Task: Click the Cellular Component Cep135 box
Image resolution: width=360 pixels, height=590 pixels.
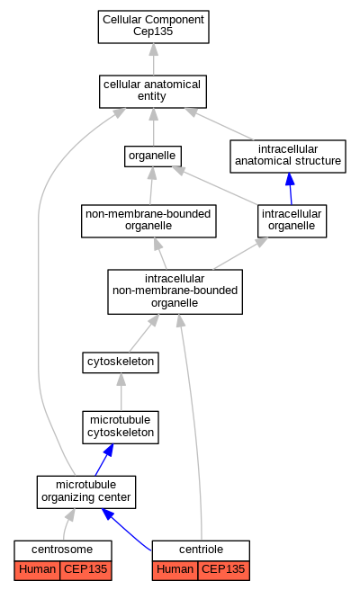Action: (x=153, y=27)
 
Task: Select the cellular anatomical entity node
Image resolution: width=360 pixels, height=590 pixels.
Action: (x=153, y=92)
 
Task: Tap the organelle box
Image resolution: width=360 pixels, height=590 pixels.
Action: (x=153, y=156)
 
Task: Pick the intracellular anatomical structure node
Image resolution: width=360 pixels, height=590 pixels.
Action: (x=288, y=156)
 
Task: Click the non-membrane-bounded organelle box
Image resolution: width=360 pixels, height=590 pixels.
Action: (x=148, y=221)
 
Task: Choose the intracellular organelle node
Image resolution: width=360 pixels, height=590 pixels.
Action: (x=292, y=221)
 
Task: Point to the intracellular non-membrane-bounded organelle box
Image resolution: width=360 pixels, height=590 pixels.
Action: (x=175, y=291)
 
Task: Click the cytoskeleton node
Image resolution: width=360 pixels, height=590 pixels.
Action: (x=121, y=362)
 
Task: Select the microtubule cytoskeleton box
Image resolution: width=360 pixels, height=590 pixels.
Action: (x=121, y=427)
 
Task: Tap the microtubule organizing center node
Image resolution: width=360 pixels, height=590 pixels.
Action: (x=86, y=492)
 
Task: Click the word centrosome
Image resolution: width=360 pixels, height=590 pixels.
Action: (x=62, y=550)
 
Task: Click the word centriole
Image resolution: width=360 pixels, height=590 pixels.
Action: (x=201, y=550)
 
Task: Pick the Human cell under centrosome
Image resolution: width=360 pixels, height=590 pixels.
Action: (x=37, y=569)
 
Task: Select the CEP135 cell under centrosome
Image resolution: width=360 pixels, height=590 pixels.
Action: (x=85, y=569)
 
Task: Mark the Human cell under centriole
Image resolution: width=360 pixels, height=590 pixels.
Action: (x=175, y=569)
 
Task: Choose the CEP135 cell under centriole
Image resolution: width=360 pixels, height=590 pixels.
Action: (x=223, y=569)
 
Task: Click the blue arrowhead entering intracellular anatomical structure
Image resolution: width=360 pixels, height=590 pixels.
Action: (x=290, y=179)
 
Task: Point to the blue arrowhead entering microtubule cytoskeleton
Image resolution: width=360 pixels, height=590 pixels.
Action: (x=109, y=450)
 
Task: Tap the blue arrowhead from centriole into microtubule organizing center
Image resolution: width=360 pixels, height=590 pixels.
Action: (x=108, y=514)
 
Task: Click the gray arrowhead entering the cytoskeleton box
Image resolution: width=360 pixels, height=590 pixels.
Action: (x=121, y=380)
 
